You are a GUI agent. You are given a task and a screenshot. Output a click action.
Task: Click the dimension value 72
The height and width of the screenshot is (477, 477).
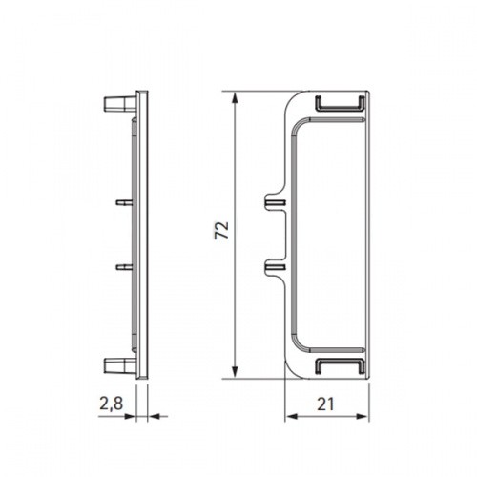click(x=221, y=230)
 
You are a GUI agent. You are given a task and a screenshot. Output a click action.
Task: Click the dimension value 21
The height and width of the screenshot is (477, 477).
click(x=325, y=404)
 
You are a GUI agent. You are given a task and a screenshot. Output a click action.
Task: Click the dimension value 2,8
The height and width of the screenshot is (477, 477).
click(x=111, y=404)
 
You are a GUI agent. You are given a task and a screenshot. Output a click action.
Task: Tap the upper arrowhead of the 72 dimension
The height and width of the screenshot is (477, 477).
click(x=235, y=97)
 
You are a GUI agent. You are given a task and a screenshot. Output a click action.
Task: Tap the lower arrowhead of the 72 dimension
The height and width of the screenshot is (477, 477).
click(x=235, y=372)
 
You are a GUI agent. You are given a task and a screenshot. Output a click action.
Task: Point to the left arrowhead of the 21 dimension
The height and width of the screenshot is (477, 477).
click(x=291, y=416)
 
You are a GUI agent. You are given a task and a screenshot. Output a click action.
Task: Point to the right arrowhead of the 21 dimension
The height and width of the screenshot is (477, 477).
click(x=363, y=416)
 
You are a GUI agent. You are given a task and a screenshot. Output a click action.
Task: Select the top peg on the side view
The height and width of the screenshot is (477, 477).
click(x=120, y=104)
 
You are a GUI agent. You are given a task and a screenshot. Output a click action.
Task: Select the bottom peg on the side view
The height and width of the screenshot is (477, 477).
click(x=120, y=365)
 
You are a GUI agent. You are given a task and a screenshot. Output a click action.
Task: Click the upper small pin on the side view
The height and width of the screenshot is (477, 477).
click(x=124, y=202)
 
